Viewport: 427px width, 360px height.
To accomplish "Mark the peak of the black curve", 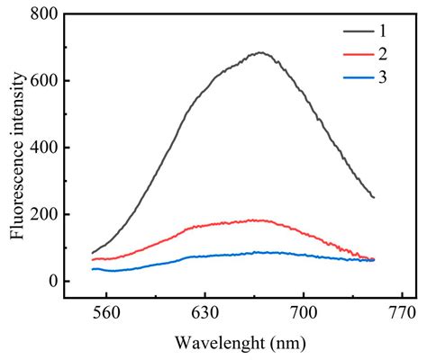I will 260,52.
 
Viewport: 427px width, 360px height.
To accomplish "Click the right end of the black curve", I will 374,197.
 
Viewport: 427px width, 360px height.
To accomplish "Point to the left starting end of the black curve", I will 93,253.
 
